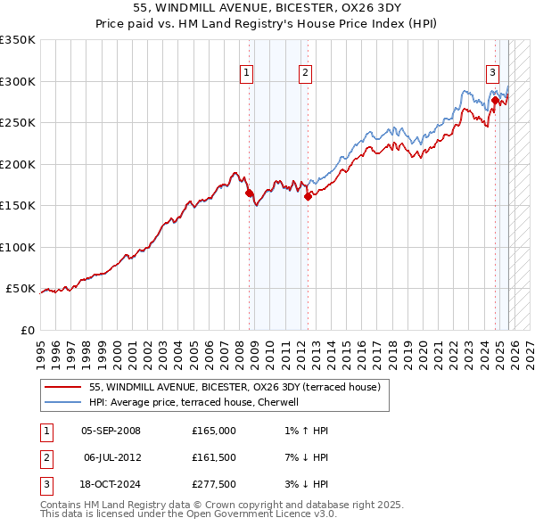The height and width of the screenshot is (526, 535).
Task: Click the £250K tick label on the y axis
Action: click(18, 123)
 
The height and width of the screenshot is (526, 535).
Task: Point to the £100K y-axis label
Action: click(18, 247)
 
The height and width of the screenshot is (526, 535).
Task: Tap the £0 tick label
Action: click(27, 330)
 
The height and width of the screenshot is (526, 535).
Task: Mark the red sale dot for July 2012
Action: click(308, 196)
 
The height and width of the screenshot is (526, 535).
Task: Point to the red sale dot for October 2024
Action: click(495, 100)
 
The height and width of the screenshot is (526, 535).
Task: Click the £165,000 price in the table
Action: click(213, 431)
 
